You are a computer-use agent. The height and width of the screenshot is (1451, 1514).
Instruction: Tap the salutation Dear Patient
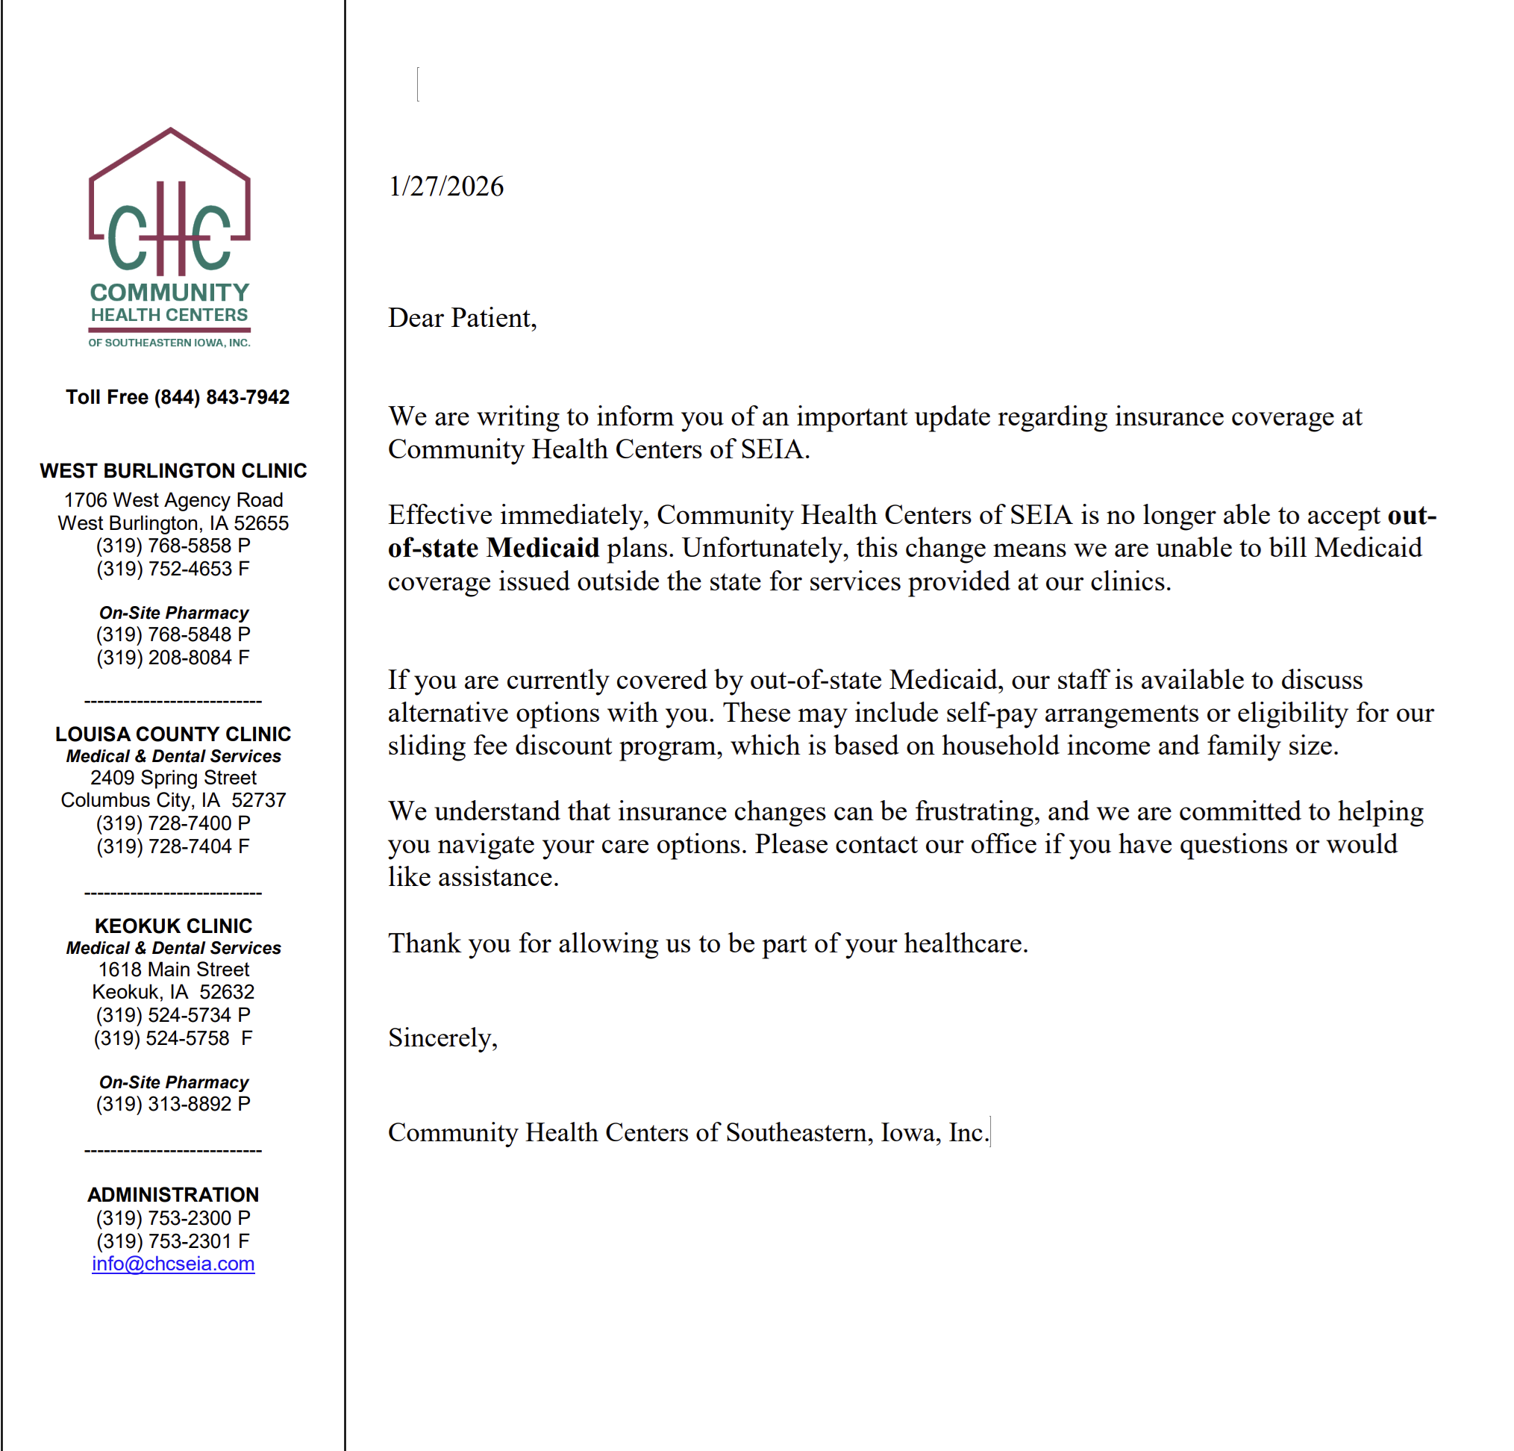[462, 318]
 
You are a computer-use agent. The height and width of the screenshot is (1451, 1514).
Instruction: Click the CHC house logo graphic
[170, 203]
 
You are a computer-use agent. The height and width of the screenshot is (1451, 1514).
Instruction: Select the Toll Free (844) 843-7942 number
[177, 397]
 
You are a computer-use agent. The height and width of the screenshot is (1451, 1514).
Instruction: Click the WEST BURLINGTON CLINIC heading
[173, 470]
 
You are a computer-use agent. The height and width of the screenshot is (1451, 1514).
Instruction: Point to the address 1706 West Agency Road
[173, 500]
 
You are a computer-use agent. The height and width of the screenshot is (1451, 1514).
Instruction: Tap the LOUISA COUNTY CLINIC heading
[173, 734]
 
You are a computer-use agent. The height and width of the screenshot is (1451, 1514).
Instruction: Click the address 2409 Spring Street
[173, 777]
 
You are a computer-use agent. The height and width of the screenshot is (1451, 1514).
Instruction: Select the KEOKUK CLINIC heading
[173, 926]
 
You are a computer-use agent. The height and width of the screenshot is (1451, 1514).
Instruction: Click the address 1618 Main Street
[173, 969]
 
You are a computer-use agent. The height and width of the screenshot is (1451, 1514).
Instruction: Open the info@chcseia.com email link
[173, 1263]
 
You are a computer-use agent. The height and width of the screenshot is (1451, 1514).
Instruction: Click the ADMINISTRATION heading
[173, 1194]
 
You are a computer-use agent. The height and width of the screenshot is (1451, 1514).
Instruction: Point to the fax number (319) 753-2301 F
[173, 1241]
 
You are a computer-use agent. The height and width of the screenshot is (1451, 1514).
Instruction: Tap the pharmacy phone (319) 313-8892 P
[173, 1104]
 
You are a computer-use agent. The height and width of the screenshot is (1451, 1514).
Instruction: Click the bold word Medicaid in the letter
[543, 548]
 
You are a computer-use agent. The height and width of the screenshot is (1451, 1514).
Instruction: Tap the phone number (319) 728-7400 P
[173, 823]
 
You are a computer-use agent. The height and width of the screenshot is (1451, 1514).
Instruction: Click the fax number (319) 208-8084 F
[173, 658]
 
